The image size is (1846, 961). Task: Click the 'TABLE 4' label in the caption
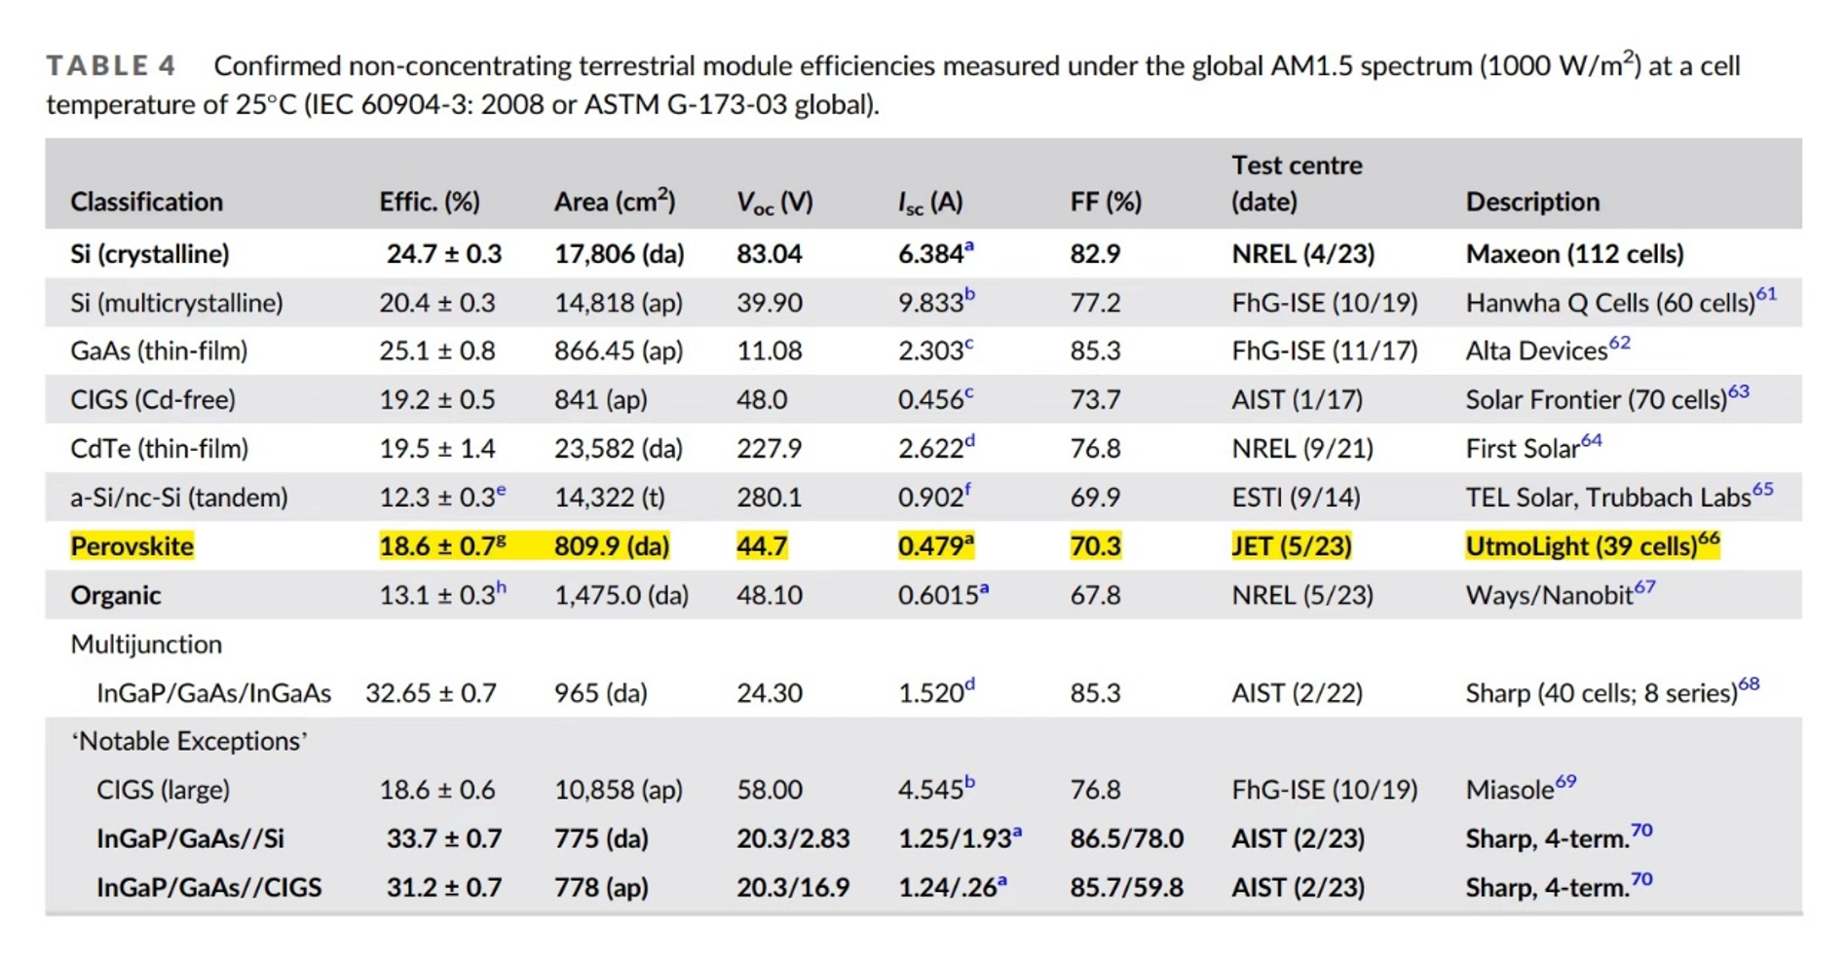point(111,66)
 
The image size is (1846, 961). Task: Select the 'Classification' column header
point(146,202)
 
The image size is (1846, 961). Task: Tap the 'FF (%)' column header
point(1105,202)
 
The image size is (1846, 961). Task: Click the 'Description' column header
point(1531,202)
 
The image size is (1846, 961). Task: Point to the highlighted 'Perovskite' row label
point(132,546)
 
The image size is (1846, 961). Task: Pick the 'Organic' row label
point(115,595)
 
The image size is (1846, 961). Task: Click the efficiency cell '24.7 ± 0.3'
point(443,254)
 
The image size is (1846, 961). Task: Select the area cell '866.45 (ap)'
point(618,351)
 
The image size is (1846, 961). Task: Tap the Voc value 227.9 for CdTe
point(769,449)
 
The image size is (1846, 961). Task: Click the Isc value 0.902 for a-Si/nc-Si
point(931,498)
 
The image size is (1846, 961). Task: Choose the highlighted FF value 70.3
point(1095,546)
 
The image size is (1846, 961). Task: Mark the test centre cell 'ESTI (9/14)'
point(1296,498)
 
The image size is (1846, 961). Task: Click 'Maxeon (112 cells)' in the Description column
point(1574,254)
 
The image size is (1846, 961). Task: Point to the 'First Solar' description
point(1522,449)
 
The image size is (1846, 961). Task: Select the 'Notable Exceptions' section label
point(189,741)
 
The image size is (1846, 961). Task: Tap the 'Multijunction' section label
point(146,644)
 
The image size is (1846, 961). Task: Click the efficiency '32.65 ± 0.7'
point(431,693)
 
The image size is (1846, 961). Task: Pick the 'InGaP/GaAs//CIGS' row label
point(208,888)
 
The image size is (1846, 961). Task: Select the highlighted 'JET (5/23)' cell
point(1291,546)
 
